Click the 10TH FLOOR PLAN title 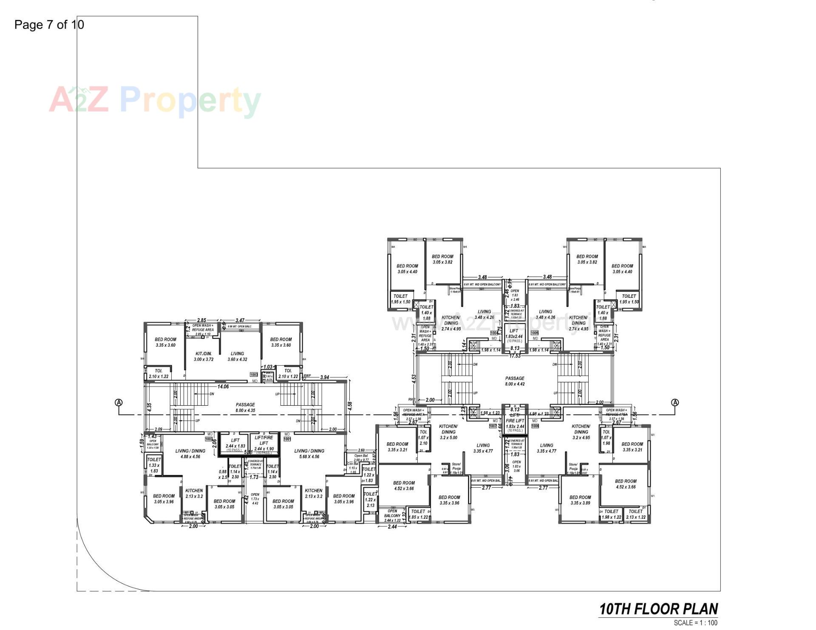(658, 609)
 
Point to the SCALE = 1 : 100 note (695, 623)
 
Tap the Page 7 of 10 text (49, 25)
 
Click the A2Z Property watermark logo (155, 100)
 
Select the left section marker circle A (119, 402)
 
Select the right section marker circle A (675, 402)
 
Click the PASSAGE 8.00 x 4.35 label (245, 407)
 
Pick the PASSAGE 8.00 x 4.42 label (515, 381)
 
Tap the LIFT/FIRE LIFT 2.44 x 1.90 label (264, 443)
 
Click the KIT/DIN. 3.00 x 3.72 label (204, 356)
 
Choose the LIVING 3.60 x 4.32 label (237, 356)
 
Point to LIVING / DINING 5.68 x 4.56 (309, 454)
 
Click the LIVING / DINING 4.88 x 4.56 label (190, 454)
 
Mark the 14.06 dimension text (223, 387)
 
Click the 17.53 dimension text (515, 356)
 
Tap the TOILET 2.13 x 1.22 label (636, 514)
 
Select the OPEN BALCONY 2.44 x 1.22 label (392, 516)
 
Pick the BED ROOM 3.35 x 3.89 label (580, 500)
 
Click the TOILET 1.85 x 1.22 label (419, 514)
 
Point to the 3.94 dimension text (325, 377)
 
